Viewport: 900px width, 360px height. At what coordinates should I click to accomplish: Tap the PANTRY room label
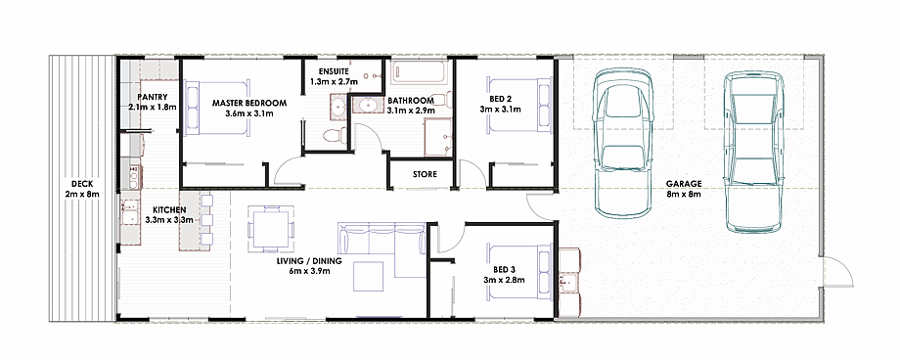coord(153,97)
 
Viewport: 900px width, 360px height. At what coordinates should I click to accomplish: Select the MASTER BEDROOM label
coord(249,104)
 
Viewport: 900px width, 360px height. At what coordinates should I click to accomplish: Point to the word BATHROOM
coord(411,101)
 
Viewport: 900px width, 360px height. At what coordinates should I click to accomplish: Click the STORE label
coord(425,174)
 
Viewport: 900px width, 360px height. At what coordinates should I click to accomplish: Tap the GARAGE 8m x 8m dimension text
coord(684,194)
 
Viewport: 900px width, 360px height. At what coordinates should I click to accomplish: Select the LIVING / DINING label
coord(309,261)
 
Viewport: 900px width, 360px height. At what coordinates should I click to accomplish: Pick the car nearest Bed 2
coord(623,143)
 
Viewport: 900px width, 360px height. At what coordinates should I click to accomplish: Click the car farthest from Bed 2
coord(753,153)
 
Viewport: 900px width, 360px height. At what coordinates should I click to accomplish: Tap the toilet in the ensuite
coord(333,136)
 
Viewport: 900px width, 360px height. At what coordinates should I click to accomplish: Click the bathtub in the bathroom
coord(419,73)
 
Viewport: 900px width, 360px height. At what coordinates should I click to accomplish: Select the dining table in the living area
coord(270,229)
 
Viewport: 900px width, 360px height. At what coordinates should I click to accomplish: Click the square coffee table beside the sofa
coord(368,276)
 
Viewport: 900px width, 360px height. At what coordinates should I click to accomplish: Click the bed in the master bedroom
coord(217,108)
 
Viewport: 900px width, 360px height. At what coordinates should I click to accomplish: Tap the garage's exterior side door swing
coord(837,271)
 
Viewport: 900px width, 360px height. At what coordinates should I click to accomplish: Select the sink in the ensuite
coord(337,108)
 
